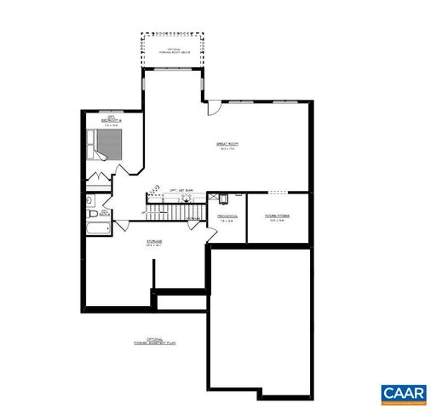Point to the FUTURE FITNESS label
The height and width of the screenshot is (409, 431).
coord(277,216)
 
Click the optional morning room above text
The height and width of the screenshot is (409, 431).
coord(173,48)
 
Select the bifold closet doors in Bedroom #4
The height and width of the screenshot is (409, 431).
coord(98,180)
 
